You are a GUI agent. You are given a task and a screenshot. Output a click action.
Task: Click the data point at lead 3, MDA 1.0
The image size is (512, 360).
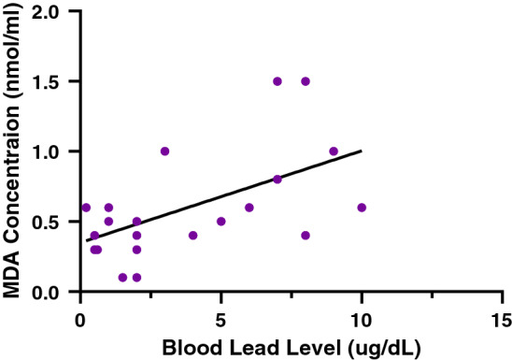click(x=165, y=151)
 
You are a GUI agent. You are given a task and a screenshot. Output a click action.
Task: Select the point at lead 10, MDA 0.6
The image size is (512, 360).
click(x=362, y=208)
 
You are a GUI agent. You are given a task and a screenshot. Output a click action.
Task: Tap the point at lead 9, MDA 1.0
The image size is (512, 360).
click(x=334, y=151)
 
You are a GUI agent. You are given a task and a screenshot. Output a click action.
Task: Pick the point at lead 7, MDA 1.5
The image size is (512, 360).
click(x=277, y=81)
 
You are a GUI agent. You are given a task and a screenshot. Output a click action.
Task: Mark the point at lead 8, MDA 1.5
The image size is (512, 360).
click(x=306, y=81)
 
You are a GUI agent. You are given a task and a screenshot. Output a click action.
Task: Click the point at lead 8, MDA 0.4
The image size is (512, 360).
click(x=306, y=236)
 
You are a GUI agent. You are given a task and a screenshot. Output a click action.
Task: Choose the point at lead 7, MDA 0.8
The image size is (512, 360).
click(x=277, y=180)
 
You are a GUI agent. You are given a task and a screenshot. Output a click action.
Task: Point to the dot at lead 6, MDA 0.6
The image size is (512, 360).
click(x=249, y=208)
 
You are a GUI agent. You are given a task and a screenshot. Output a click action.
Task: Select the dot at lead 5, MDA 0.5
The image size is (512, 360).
click(x=221, y=222)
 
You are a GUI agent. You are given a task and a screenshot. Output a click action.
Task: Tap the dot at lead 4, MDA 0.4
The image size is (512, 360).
click(x=193, y=236)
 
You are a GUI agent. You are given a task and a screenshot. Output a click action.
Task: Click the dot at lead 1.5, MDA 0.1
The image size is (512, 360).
click(x=123, y=278)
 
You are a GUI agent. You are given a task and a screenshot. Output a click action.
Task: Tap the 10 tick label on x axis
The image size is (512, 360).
click(x=362, y=316)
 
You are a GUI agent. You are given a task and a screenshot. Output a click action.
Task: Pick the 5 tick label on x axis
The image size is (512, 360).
click(x=221, y=316)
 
